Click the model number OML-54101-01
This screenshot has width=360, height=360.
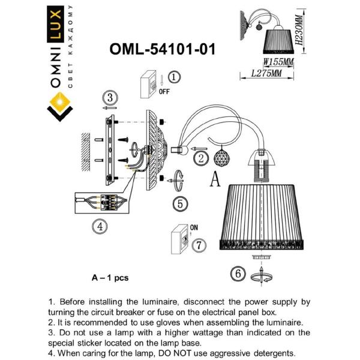[x=162, y=49]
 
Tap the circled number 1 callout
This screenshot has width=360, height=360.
[x=173, y=77]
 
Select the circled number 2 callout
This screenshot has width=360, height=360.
[x=201, y=158]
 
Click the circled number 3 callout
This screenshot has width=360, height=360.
[x=109, y=98]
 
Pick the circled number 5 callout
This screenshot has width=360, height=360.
[x=179, y=203]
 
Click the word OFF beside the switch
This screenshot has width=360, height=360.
[x=163, y=91]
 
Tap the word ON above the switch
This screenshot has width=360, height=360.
[x=194, y=228]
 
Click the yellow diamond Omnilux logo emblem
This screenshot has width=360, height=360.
[x=59, y=107]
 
